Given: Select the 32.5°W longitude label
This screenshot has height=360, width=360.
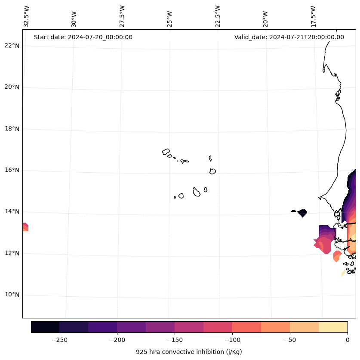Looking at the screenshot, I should (26, 16).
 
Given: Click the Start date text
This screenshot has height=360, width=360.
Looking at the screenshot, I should (83, 37).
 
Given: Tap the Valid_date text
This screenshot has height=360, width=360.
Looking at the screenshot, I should (289, 37).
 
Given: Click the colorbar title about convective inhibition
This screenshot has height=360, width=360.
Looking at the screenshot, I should (189, 352).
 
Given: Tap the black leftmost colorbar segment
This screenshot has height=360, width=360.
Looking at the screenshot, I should (45, 327).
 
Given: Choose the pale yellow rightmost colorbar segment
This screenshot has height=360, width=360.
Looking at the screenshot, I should (333, 327).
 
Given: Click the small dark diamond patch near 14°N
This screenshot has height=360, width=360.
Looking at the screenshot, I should (302, 213).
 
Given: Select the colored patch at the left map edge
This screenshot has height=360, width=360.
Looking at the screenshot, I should (25, 227).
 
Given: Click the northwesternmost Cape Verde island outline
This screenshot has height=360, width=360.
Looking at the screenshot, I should (166, 152).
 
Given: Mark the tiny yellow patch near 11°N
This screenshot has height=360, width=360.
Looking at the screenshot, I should (343, 273).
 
